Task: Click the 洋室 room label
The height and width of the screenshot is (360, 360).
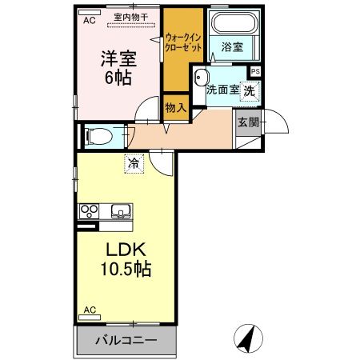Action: (x=117, y=60)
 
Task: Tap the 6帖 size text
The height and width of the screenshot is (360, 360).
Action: (x=117, y=78)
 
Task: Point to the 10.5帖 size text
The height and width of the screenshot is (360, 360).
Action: (x=119, y=270)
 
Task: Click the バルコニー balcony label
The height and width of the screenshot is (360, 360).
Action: (x=126, y=340)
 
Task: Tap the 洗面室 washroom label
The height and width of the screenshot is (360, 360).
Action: (x=222, y=90)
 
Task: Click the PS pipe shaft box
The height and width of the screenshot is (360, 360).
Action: (x=254, y=72)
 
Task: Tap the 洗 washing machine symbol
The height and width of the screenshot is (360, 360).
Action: (x=250, y=90)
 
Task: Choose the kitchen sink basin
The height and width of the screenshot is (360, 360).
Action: (x=121, y=212)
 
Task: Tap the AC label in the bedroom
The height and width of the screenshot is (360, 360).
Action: (x=90, y=22)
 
